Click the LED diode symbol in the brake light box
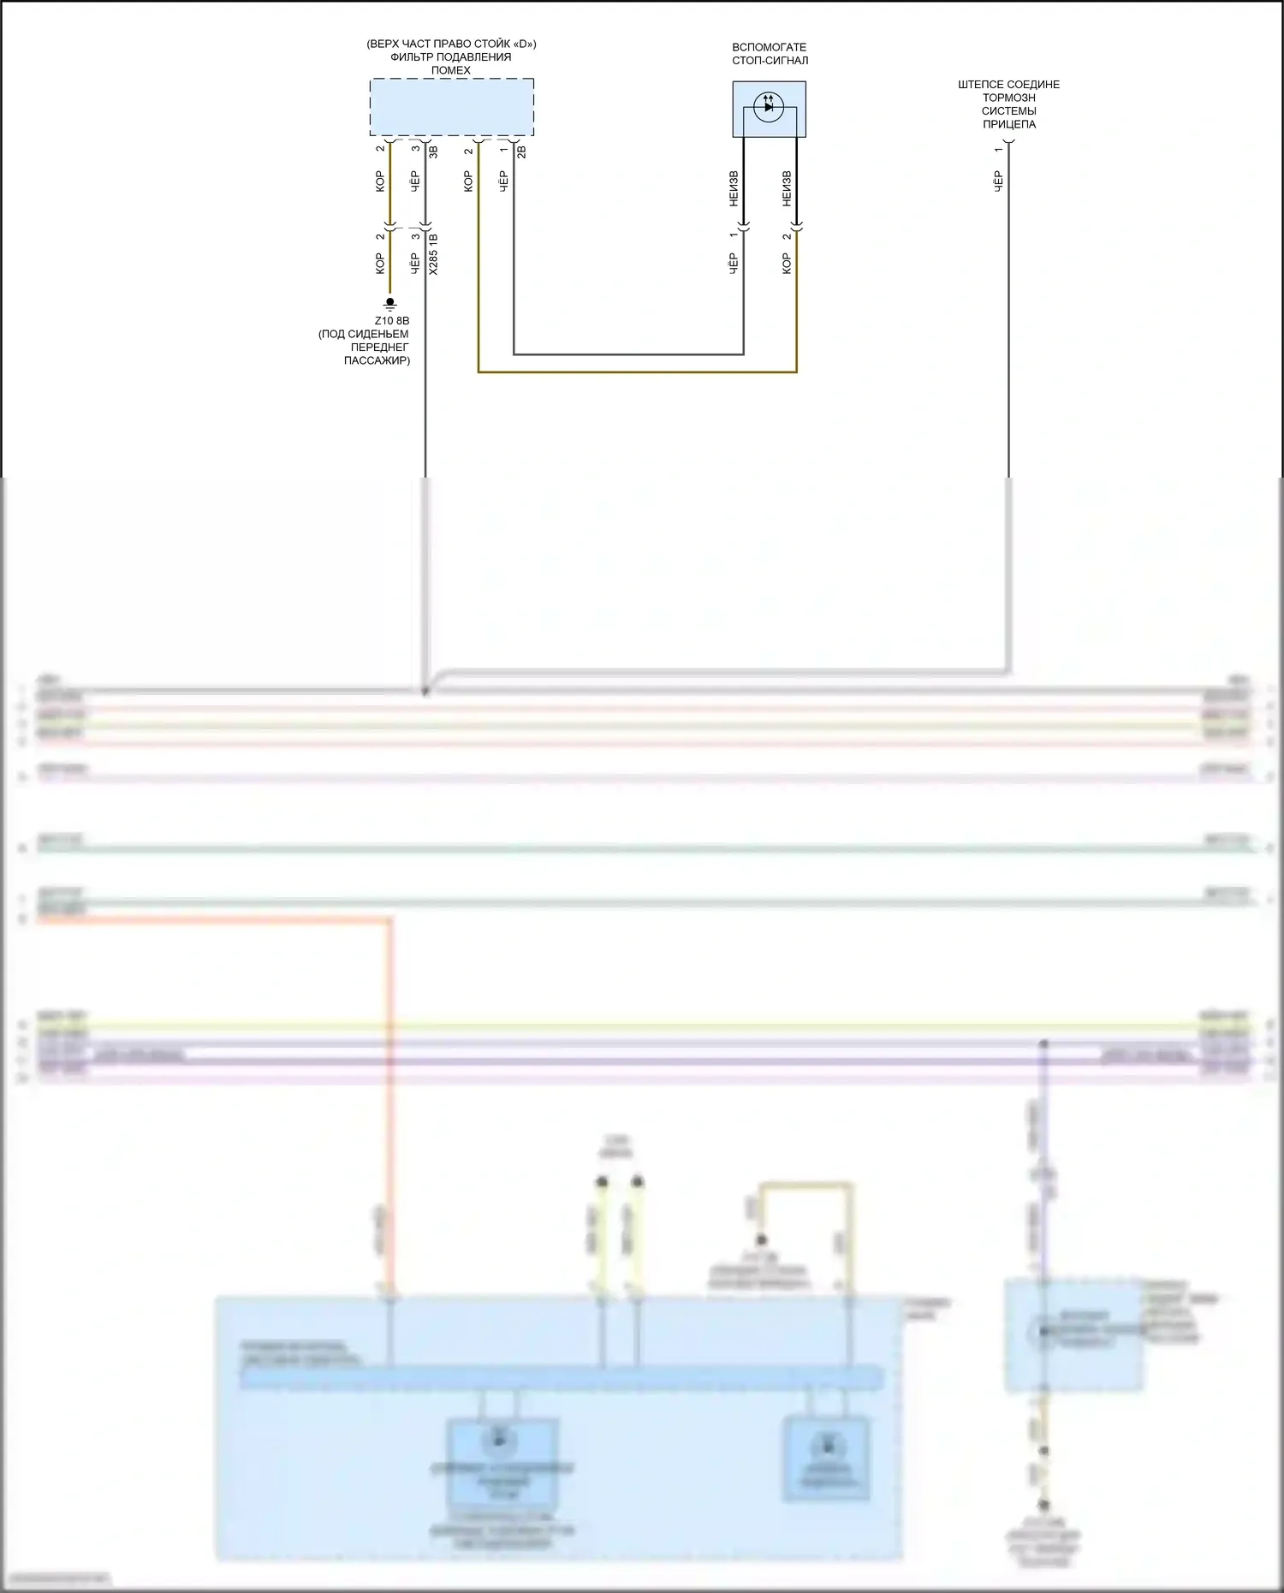[x=769, y=107]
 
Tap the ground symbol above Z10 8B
[x=390, y=303]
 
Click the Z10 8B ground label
[x=392, y=321]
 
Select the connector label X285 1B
[x=433, y=254]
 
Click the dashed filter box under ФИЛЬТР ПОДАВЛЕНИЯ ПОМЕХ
[x=451, y=107]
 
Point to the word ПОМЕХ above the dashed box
[x=451, y=70]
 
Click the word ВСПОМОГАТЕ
[x=769, y=47]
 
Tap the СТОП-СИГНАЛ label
[x=770, y=61]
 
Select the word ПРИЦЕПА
[x=1008, y=124]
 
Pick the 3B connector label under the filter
[x=434, y=152]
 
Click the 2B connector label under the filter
[x=522, y=152]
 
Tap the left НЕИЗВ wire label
[x=734, y=189]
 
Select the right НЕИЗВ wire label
[x=787, y=189]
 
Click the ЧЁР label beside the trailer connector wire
[x=998, y=181]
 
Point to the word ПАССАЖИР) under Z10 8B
[x=377, y=360]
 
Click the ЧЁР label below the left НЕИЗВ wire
[x=734, y=263]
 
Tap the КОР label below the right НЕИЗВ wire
[x=787, y=263]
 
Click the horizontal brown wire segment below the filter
[x=637, y=372]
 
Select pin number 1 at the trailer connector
[x=998, y=150]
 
